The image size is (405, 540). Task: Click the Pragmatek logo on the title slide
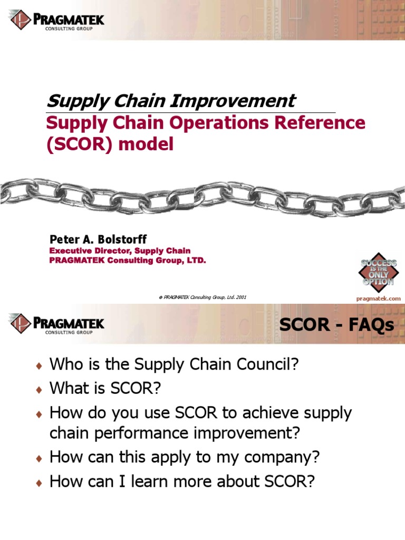pos(57,22)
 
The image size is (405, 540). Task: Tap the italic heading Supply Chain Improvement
pos(171,100)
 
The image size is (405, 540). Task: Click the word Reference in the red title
pos(315,123)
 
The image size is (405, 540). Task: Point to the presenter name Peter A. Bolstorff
pos(98,240)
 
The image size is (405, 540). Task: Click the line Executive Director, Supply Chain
pos(120,251)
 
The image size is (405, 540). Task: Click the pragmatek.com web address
pos(379,298)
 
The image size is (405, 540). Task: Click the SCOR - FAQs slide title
pos(336,325)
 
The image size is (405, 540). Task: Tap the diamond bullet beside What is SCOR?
pos(38,390)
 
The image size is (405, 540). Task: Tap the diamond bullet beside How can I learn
pos(38,483)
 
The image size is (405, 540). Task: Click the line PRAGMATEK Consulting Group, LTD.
pos(127,261)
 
